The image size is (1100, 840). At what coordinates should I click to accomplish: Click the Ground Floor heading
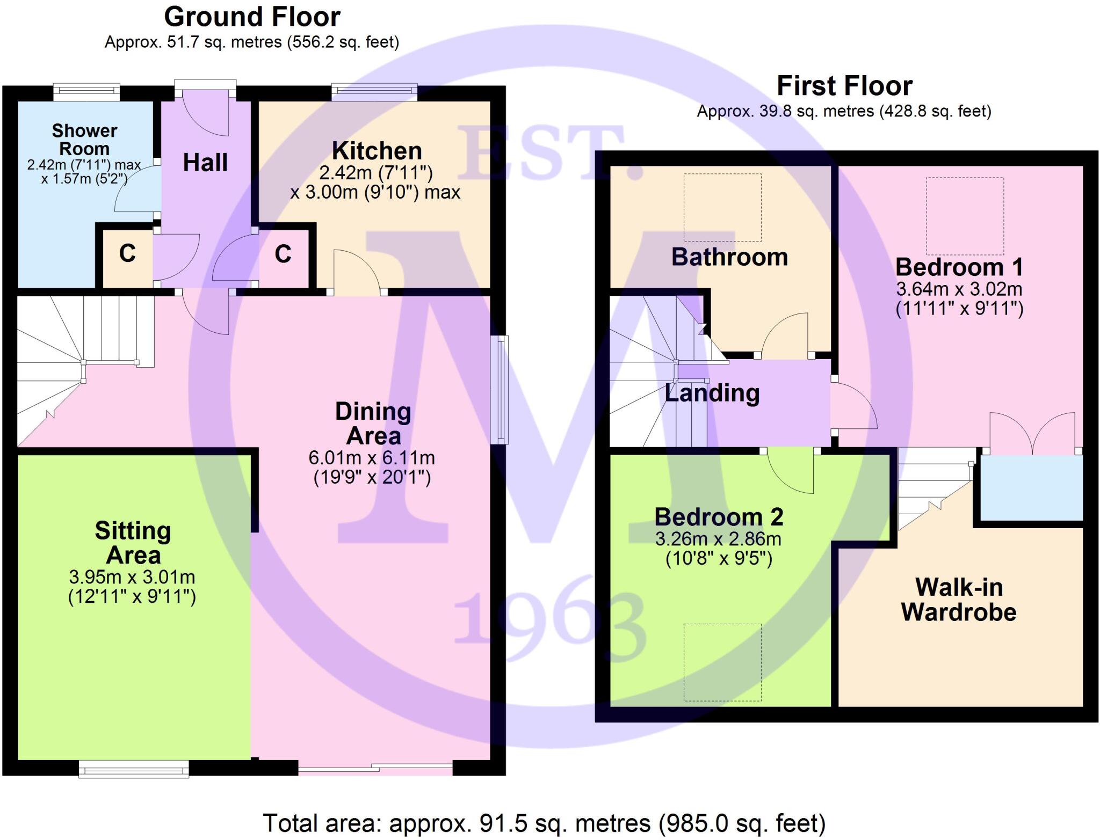[252, 17]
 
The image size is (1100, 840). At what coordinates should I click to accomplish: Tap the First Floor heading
[844, 86]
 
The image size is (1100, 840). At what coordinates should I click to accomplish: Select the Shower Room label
[84, 140]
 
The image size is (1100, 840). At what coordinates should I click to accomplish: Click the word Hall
[205, 163]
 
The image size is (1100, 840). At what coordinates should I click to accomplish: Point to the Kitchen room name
[377, 151]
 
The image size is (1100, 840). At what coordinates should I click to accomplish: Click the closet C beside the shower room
[127, 253]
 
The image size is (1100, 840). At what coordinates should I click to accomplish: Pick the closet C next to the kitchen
[283, 254]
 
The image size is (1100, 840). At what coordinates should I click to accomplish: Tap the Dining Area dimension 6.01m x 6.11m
[372, 458]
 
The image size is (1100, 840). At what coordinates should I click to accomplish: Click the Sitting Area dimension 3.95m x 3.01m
[132, 577]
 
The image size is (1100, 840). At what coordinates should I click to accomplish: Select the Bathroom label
[729, 257]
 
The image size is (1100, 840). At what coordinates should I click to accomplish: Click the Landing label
[712, 393]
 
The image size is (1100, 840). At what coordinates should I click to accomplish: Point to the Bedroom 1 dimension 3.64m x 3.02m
[959, 289]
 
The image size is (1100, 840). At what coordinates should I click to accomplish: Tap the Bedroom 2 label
[719, 517]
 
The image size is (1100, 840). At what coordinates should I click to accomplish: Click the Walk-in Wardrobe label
[959, 600]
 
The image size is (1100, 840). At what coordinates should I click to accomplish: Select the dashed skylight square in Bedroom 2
[722, 662]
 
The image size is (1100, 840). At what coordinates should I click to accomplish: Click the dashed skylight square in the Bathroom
[722, 207]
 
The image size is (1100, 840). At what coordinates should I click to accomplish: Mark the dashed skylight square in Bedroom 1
[965, 216]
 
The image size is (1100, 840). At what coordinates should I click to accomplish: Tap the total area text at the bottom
[544, 823]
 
